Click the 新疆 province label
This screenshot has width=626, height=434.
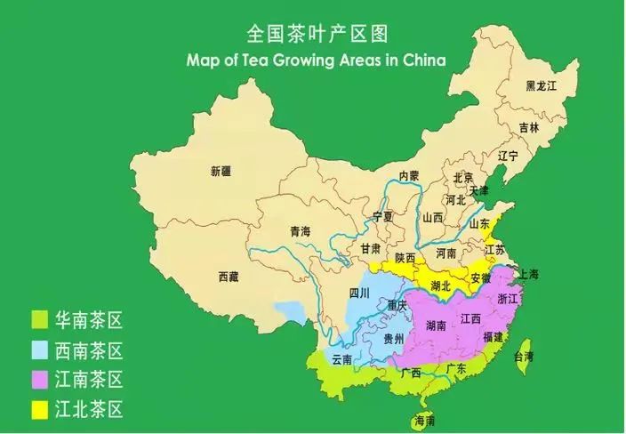[221, 170]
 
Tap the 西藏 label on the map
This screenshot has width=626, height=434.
[229, 277]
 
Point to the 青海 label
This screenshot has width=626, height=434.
[301, 231]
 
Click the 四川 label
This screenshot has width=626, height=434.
[358, 292]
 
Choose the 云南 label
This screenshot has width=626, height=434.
[342, 359]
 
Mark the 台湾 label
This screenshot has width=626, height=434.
[525, 356]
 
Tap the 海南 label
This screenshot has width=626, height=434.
[424, 420]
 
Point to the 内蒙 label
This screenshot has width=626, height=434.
[409, 176]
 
